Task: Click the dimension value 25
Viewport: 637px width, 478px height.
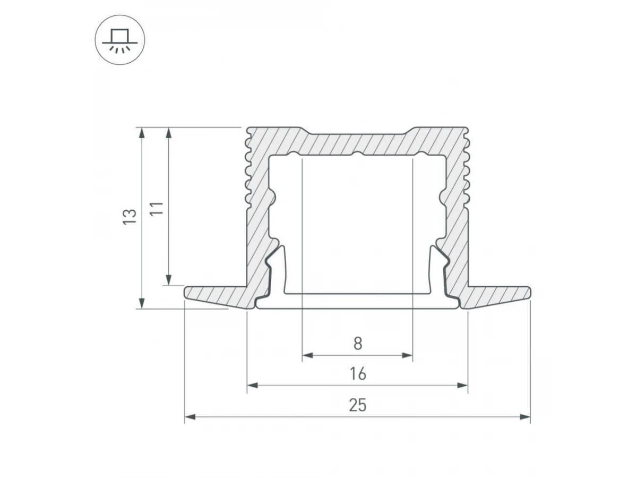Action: click(x=358, y=405)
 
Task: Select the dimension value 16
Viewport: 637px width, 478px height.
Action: click(x=358, y=374)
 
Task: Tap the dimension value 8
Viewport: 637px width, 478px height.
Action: click(x=358, y=344)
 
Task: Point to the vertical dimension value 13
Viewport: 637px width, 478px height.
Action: click(x=130, y=217)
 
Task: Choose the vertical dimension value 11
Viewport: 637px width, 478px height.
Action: click(x=157, y=208)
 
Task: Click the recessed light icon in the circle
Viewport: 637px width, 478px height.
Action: click(x=120, y=40)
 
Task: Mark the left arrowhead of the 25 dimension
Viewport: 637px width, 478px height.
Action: click(x=190, y=417)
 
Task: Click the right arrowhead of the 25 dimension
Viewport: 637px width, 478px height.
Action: click(x=525, y=417)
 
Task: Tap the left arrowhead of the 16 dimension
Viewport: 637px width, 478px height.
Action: click(x=252, y=386)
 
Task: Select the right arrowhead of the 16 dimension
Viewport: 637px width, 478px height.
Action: click(x=462, y=386)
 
